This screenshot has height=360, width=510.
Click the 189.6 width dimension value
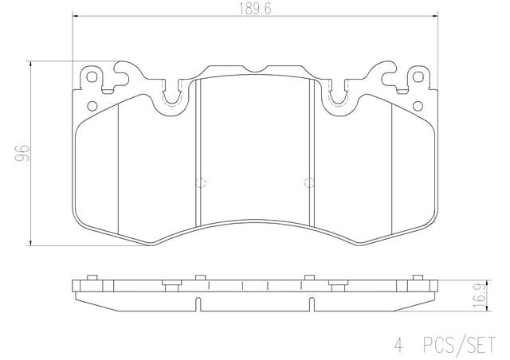[x=255, y=9]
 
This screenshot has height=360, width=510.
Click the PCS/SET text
[x=459, y=344]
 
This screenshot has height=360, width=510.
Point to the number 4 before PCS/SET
[x=399, y=345]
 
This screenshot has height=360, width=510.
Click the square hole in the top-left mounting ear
[x=92, y=77]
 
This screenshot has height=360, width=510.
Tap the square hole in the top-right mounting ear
[x=418, y=77]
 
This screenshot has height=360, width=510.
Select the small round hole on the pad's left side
[x=92, y=106]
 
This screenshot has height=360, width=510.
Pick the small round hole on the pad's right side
[x=418, y=106]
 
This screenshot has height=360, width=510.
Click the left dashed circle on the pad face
[x=201, y=182]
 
